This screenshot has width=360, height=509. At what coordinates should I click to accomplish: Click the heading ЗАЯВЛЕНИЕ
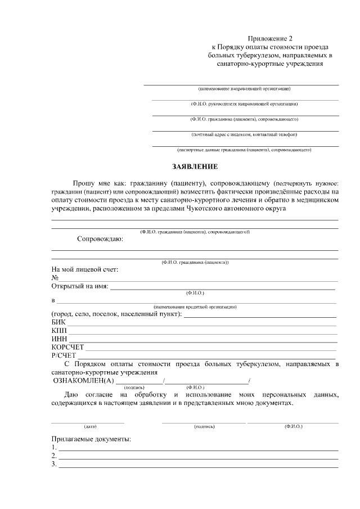tap(194, 167)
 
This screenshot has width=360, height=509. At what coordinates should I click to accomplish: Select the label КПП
tap(58, 330)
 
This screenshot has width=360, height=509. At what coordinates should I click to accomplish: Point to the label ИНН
tap(59, 339)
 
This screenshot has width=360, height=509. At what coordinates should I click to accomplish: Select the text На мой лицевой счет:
tap(85, 269)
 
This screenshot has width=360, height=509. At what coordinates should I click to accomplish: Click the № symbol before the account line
tap(55, 277)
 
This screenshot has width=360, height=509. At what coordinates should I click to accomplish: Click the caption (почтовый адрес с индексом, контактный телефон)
tap(244, 134)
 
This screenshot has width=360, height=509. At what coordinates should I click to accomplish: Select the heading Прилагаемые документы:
tap(91, 439)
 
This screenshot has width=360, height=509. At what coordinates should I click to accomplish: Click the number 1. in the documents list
tap(54, 447)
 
